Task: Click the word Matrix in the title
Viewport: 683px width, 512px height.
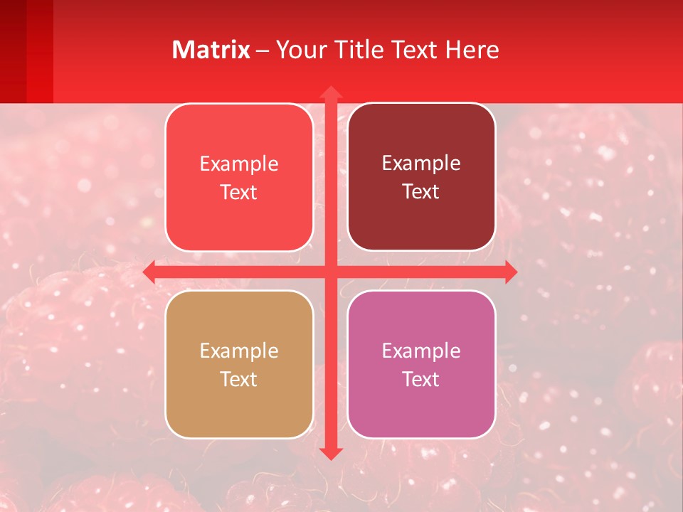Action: (211, 50)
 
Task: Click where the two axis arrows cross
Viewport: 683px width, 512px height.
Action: (331, 272)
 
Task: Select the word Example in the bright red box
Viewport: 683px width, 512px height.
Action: (239, 164)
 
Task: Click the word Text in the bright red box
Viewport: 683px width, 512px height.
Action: (239, 192)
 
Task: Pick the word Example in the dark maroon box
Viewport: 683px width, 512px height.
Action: (421, 164)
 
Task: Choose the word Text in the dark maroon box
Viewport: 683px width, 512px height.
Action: (421, 191)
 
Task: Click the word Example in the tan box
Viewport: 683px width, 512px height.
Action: (239, 351)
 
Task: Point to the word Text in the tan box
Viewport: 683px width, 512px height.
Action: (239, 379)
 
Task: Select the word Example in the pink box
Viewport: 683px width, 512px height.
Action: (421, 351)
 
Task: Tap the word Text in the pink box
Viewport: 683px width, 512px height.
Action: (421, 379)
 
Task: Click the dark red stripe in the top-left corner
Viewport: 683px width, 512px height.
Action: (13, 50)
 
